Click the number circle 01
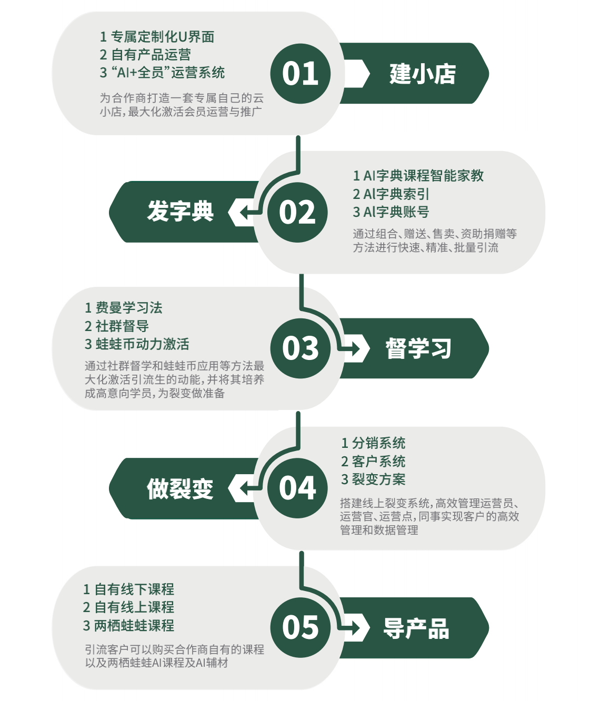click(x=300, y=73)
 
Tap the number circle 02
click(x=297, y=212)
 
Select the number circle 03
click(x=300, y=348)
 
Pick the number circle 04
click(x=297, y=488)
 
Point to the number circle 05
click(x=300, y=627)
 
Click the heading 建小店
click(x=423, y=74)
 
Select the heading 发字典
click(x=180, y=212)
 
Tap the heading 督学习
click(x=419, y=348)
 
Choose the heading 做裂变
click(x=180, y=488)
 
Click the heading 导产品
click(x=416, y=628)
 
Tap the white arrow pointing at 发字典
click(x=243, y=212)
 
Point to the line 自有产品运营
click(x=145, y=55)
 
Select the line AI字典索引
click(x=391, y=194)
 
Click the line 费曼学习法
click(x=124, y=308)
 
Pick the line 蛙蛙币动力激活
click(x=137, y=344)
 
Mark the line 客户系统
click(x=373, y=462)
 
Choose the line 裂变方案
click(x=373, y=479)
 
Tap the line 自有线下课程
click(x=128, y=589)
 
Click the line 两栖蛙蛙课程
click(x=128, y=626)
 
